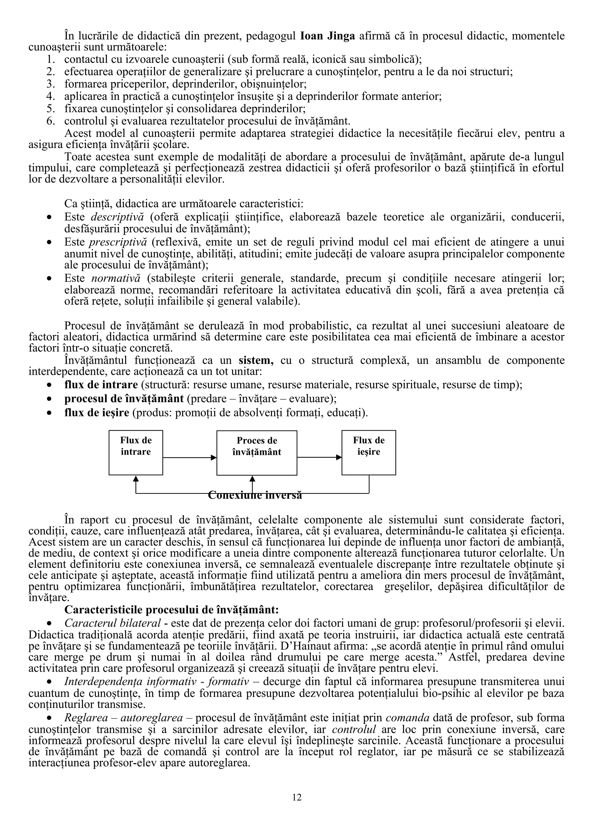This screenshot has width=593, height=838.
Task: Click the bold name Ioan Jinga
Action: [327, 36]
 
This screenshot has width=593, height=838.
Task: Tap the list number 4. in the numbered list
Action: [50, 97]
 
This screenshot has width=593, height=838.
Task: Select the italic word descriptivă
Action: [117, 217]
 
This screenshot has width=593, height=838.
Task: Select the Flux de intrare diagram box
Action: [136, 453]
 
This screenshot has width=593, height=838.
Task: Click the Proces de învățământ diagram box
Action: [257, 453]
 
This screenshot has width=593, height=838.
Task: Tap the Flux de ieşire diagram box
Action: [368, 453]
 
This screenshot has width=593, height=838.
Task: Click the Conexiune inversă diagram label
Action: [255, 496]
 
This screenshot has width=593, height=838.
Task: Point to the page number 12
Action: [297, 805]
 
